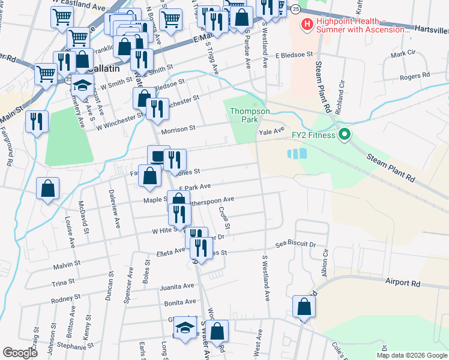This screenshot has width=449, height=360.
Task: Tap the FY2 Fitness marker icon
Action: (x=344, y=134)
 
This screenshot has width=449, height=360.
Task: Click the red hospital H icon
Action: (x=307, y=25)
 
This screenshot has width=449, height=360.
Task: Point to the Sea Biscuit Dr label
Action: (x=295, y=245)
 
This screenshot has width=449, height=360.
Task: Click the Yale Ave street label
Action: (x=271, y=130)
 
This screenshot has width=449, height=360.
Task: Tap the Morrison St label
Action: (x=177, y=128)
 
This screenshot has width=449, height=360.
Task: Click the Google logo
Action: (x=19, y=353)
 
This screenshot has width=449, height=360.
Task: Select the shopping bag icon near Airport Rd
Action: (x=304, y=307)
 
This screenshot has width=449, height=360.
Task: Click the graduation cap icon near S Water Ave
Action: (x=185, y=328)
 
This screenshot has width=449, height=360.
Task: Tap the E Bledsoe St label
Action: (x=295, y=54)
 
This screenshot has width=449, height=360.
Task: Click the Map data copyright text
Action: (x=412, y=355)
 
